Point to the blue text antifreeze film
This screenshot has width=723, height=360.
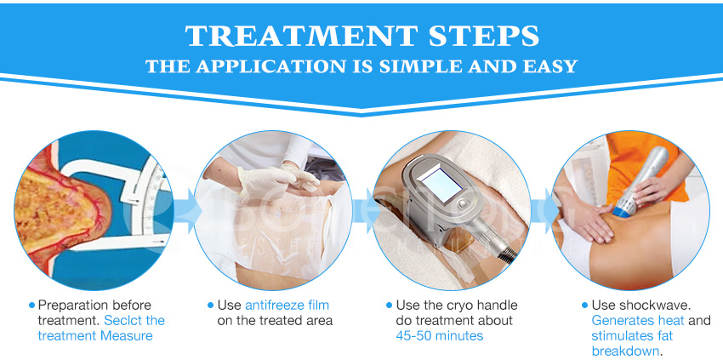287,305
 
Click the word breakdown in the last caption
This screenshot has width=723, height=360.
623,351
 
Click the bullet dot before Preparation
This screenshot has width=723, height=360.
32,305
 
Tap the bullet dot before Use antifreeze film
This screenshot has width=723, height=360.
211,305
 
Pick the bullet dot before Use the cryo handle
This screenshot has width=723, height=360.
390,305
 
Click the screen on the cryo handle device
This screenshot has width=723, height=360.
447,186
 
